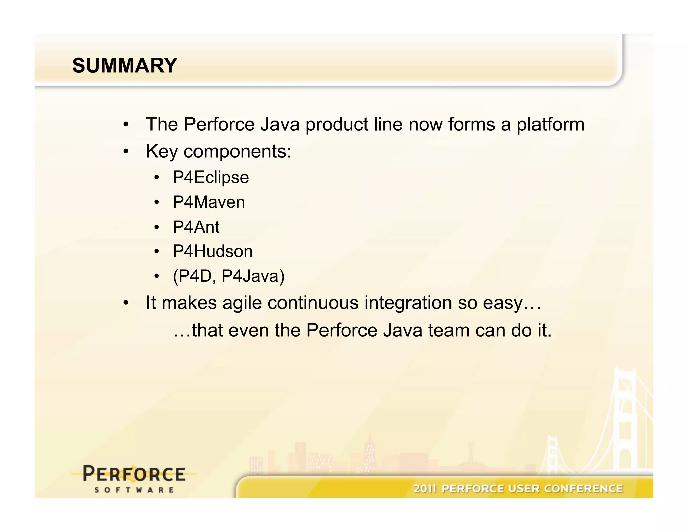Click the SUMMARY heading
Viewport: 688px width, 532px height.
point(124,65)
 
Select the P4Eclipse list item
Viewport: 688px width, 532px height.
point(211,177)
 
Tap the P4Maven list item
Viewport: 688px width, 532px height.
point(209,202)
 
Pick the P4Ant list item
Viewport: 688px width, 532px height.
point(196,227)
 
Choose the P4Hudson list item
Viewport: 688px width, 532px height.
point(212,251)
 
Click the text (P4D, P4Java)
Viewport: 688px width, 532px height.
point(228,276)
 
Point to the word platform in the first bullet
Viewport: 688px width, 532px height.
point(550,125)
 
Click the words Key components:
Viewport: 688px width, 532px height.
point(218,151)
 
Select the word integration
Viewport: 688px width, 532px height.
point(408,303)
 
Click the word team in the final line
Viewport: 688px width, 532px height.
point(448,330)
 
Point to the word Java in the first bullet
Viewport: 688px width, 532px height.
point(279,124)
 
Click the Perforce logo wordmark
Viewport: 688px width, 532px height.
point(134,474)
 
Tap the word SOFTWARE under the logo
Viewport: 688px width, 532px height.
point(134,490)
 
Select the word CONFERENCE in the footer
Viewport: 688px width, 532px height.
point(583,489)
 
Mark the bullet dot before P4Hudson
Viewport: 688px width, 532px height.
point(156,251)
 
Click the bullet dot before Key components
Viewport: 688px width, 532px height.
point(126,151)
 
